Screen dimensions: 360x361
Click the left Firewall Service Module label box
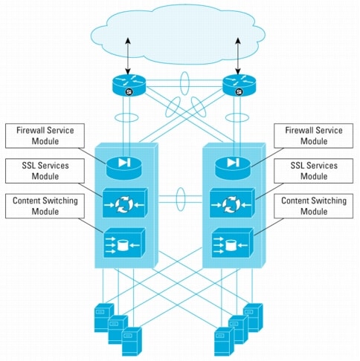tap(45, 136)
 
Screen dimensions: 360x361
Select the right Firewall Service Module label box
tap(313, 136)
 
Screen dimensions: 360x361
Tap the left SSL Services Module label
tap(45, 171)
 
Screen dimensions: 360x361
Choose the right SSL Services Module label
tap(313, 171)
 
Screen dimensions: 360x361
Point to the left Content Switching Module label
tap(45, 206)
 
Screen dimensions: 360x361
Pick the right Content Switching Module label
tap(313, 206)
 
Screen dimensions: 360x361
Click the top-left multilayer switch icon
tap(129, 85)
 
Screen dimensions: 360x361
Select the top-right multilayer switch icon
tap(239, 85)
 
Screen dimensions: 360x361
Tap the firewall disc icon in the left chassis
tap(124, 168)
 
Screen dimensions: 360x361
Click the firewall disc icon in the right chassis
tap(233, 168)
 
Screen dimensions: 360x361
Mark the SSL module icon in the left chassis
tap(125, 203)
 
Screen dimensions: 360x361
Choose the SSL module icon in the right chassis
tap(232, 203)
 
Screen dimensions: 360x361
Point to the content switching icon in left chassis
tap(124, 243)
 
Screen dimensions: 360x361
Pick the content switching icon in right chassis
tap(233, 243)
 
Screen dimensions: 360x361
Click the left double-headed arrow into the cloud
tap(128, 56)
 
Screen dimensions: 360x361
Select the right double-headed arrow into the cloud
tap(238, 56)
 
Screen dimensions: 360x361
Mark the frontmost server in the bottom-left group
tap(132, 342)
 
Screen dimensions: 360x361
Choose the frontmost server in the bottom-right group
tap(224, 342)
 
